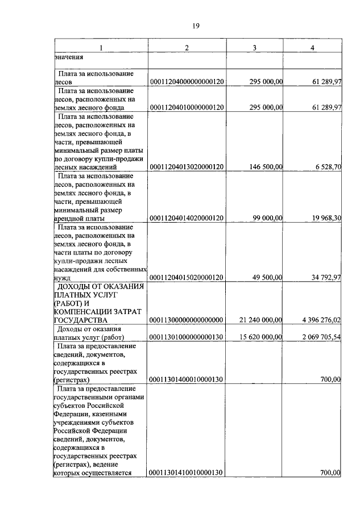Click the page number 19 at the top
(x=196, y=26)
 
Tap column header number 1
(x=101, y=47)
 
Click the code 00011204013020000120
(x=187, y=168)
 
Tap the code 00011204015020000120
(x=187, y=277)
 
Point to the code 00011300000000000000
(x=187, y=320)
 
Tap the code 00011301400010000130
(x=187, y=379)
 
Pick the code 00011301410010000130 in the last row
(x=187, y=473)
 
